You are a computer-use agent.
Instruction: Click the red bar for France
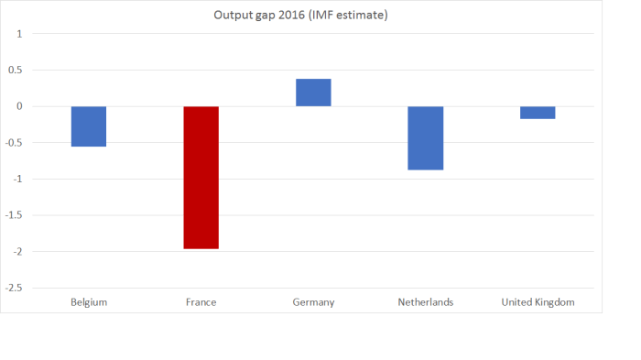(x=201, y=177)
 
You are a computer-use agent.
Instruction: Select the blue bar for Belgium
(x=89, y=126)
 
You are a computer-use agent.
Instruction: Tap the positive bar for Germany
(x=313, y=93)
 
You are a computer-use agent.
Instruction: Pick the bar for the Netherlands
(x=426, y=137)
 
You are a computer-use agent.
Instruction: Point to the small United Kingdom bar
(x=538, y=113)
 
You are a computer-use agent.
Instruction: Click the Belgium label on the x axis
(x=89, y=302)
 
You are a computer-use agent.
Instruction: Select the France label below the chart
(x=201, y=302)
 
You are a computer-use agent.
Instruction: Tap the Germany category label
(x=313, y=302)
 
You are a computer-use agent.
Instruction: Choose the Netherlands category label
(x=426, y=302)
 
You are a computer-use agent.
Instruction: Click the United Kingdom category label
(x=538, y=302)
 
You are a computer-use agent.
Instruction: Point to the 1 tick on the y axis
(x=19, y=34)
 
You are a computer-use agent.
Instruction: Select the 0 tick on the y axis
(x=19, y=106)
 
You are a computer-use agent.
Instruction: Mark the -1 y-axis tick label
(x=17, y=179)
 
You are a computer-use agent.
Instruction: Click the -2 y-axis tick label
(x=17, y=251)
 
